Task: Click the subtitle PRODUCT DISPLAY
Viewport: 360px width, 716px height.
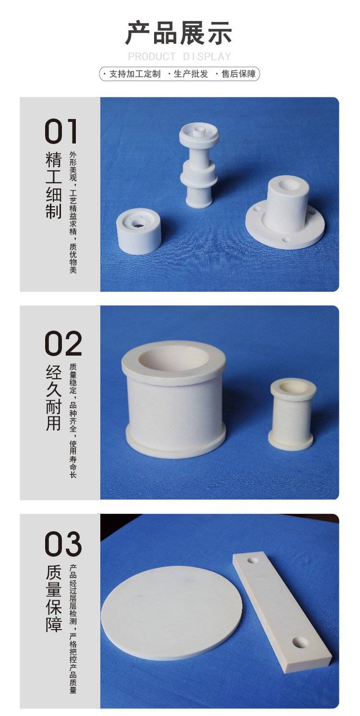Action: [180, 57]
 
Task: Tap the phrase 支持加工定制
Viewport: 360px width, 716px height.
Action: [134, 74]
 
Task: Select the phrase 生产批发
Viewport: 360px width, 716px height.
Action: [191, 74]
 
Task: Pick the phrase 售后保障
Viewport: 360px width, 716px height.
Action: [239, 74]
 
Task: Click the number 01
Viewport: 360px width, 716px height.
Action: [61, 131]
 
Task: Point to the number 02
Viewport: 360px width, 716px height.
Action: [63, 344]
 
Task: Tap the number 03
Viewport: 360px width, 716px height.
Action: [63, 544]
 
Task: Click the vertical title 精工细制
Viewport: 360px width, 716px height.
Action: [53, 185]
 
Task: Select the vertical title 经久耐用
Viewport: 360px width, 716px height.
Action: [53, 398]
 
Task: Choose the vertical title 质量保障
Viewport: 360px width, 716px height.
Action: [53, 598]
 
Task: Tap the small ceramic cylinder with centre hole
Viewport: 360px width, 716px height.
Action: [139, 231]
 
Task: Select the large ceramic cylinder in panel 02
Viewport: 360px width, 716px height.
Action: [174, 399]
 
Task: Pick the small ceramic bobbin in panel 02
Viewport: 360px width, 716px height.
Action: [291, 415]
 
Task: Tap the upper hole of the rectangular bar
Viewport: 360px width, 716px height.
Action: [253, 561]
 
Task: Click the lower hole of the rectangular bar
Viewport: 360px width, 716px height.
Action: [300, 641]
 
